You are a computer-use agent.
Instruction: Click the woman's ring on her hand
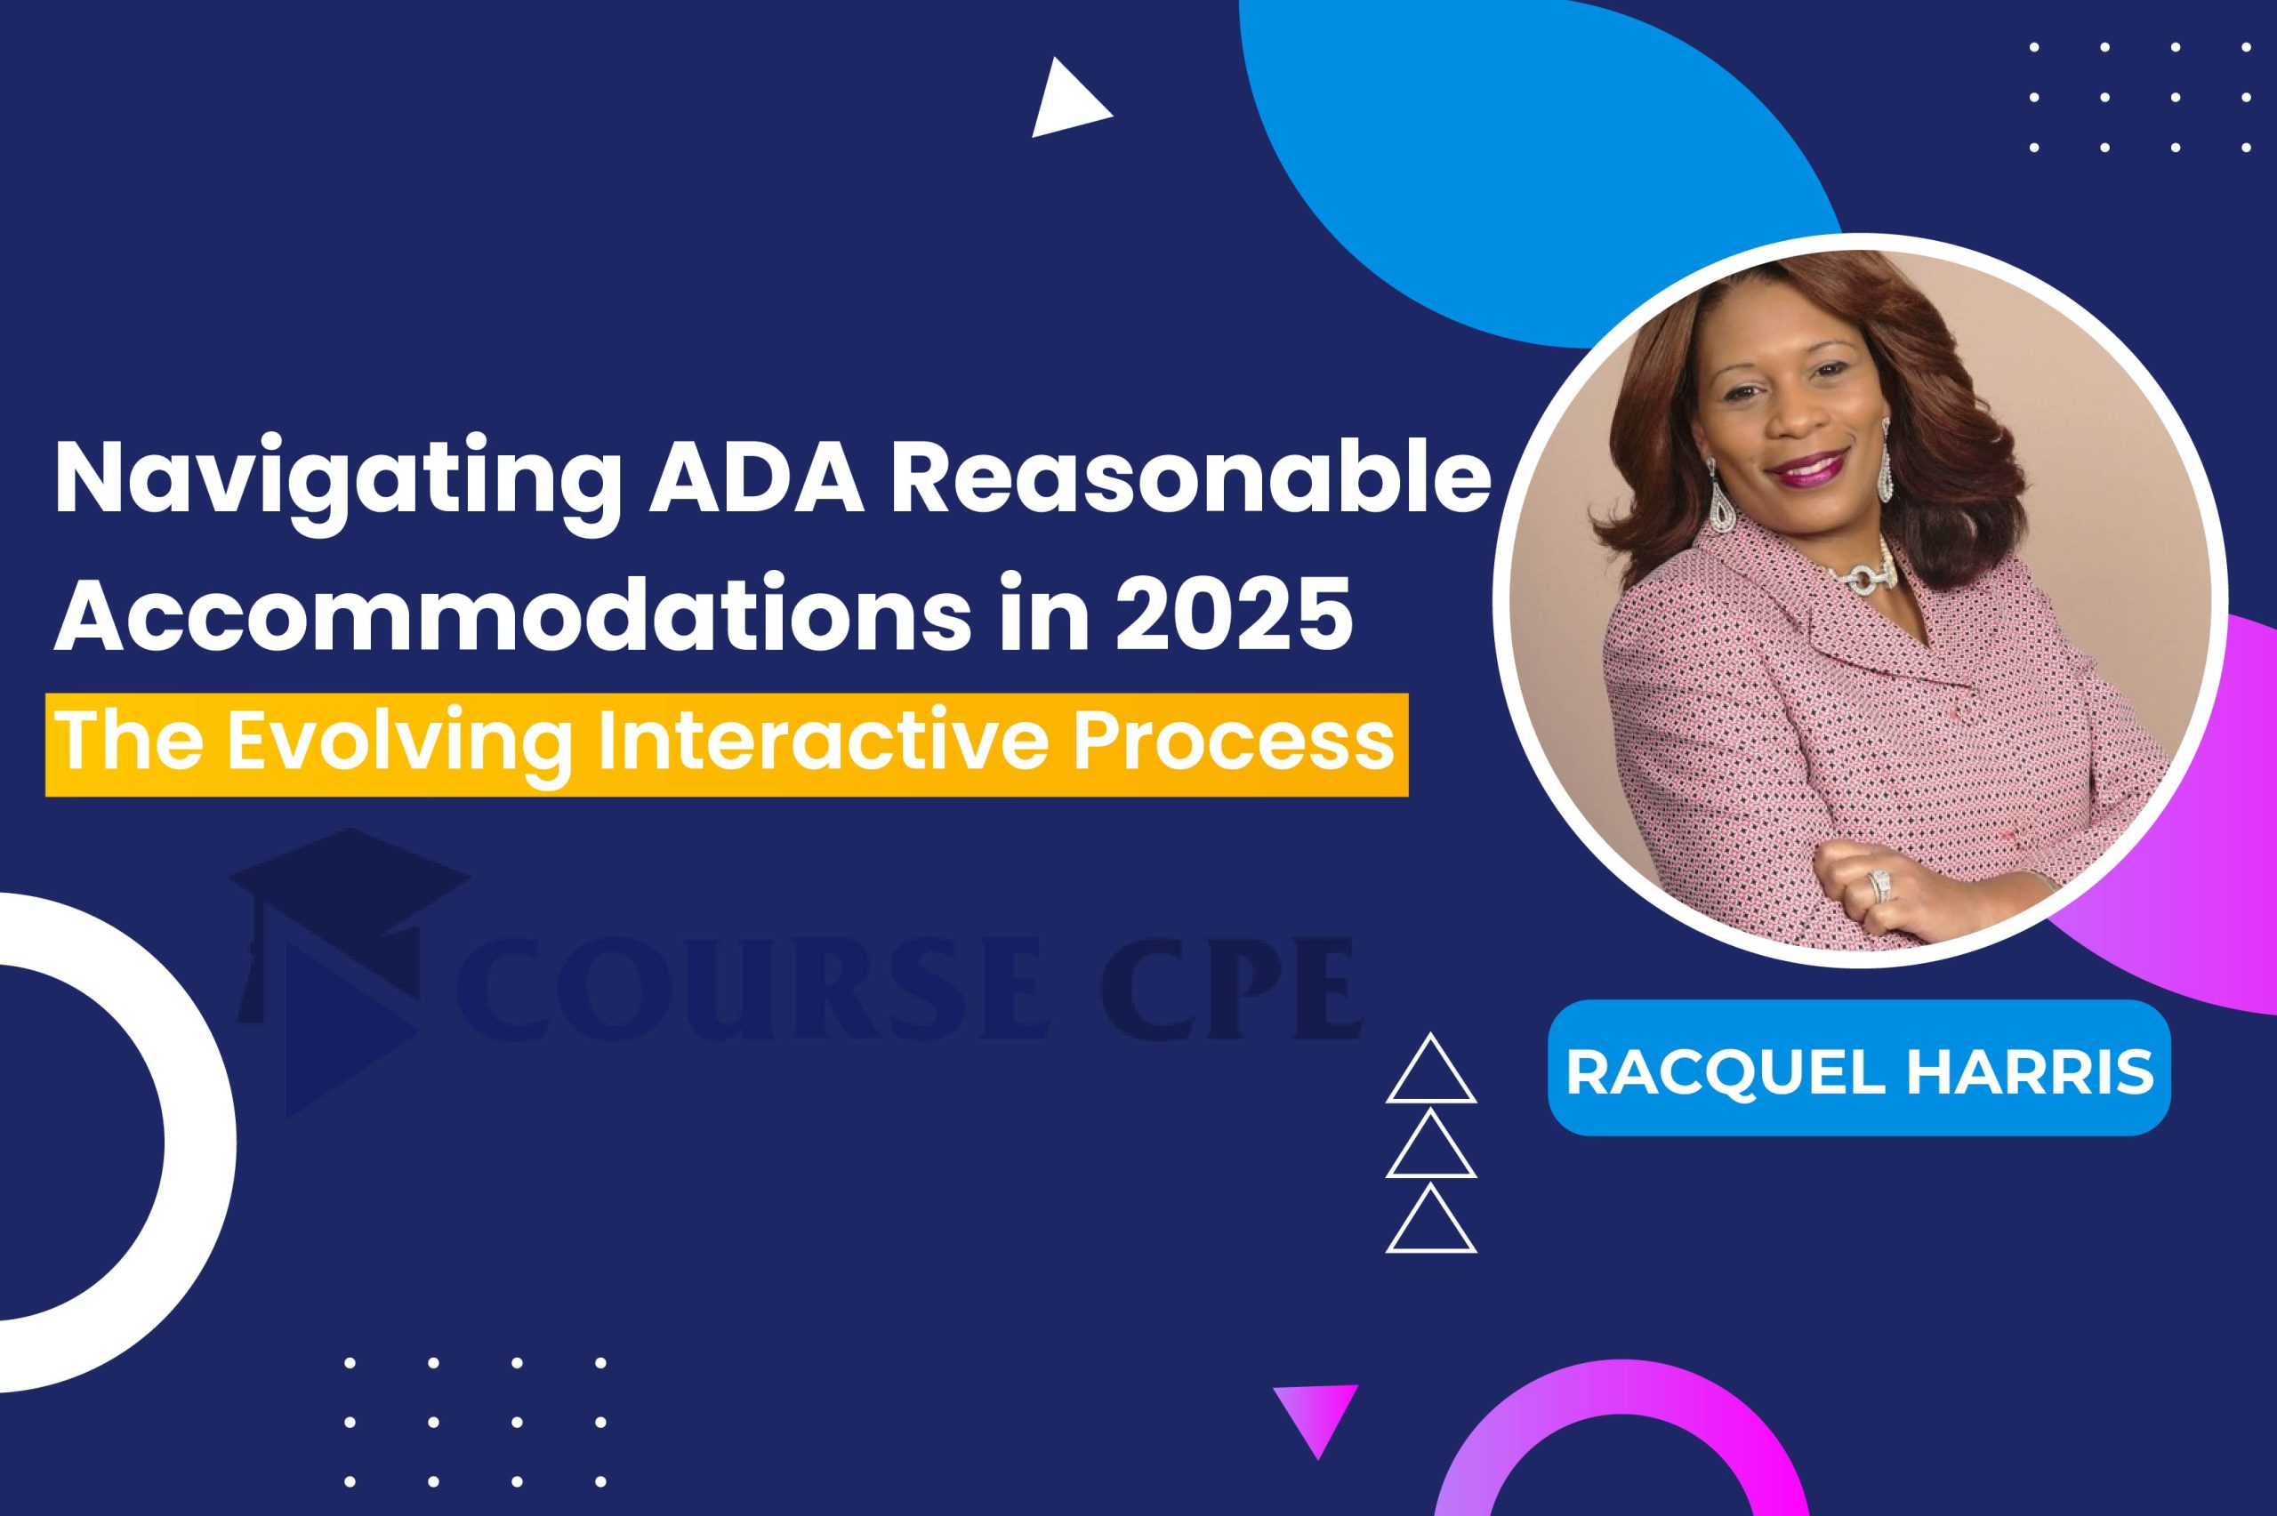tap(1879, 886)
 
